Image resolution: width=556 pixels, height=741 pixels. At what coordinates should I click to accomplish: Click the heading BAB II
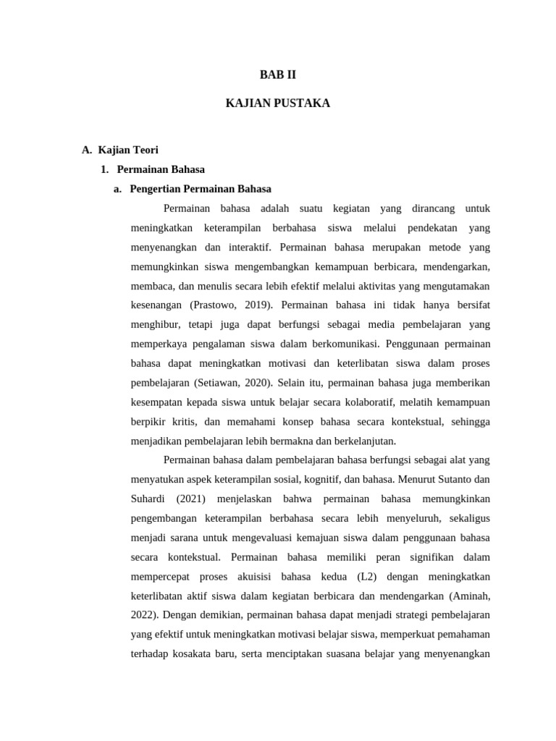pyautogui.click(x=278, y=74)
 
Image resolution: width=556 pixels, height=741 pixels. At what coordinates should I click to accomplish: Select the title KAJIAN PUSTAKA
pyautogui.click(x=278, y=103)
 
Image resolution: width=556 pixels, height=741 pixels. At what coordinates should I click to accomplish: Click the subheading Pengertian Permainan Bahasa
pyautogui.click(x=201, y=189)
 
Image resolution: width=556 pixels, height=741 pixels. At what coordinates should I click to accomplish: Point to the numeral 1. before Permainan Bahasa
pyautogui.click(x=104, y=169)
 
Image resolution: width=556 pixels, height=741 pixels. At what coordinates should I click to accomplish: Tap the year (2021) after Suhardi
pyautogui.click(x=190, y=499)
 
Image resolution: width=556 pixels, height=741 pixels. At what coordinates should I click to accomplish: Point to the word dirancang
pyautogui.click(x=434, y=208)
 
